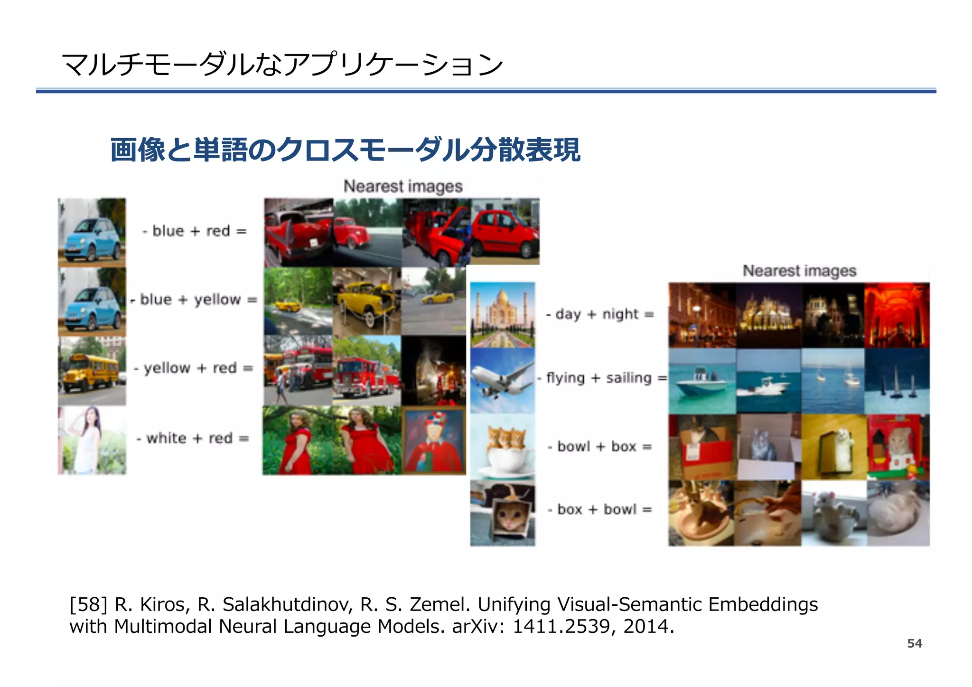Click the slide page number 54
point(914,643)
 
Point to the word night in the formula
point(620,314)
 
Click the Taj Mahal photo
point(503,315)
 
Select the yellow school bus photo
point(92,371)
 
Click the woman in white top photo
point(92,440)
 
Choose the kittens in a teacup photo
point(503,447)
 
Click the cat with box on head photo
point(503,513)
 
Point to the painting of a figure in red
point(434,441)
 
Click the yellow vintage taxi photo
point(367,301)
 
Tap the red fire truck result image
point(367,371)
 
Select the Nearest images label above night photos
point(799,271)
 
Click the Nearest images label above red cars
point(403,186)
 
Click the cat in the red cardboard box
point(702,447)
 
